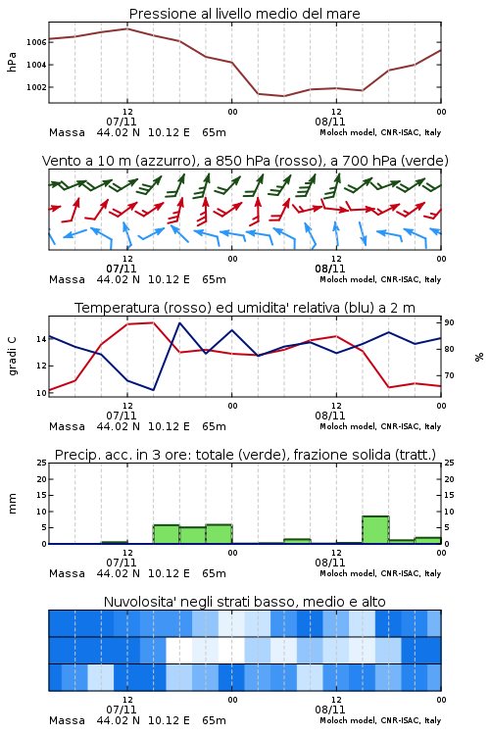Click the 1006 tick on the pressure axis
coord(36,42)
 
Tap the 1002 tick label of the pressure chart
coord(36,87)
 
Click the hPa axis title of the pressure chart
coord(12,62)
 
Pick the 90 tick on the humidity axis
coord(449,322)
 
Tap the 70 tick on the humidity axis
coord(449,375)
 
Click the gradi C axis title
coord(13,356)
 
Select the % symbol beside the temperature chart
coord(479,357)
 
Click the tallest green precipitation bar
coord(375,529)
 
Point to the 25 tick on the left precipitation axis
coord(42,463)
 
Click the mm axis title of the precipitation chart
coord(13,504)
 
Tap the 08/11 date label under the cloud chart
coord(330,710)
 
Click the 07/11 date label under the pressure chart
coord(122,122)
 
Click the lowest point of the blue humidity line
coord(153,390)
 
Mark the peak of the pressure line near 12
coord(127,28)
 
